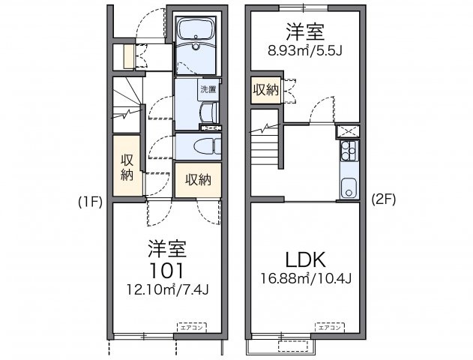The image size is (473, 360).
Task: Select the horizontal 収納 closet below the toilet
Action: (198, 180)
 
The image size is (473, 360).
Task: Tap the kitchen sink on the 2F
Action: (348, 187)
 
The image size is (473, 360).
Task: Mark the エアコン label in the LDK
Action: (329, 327)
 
